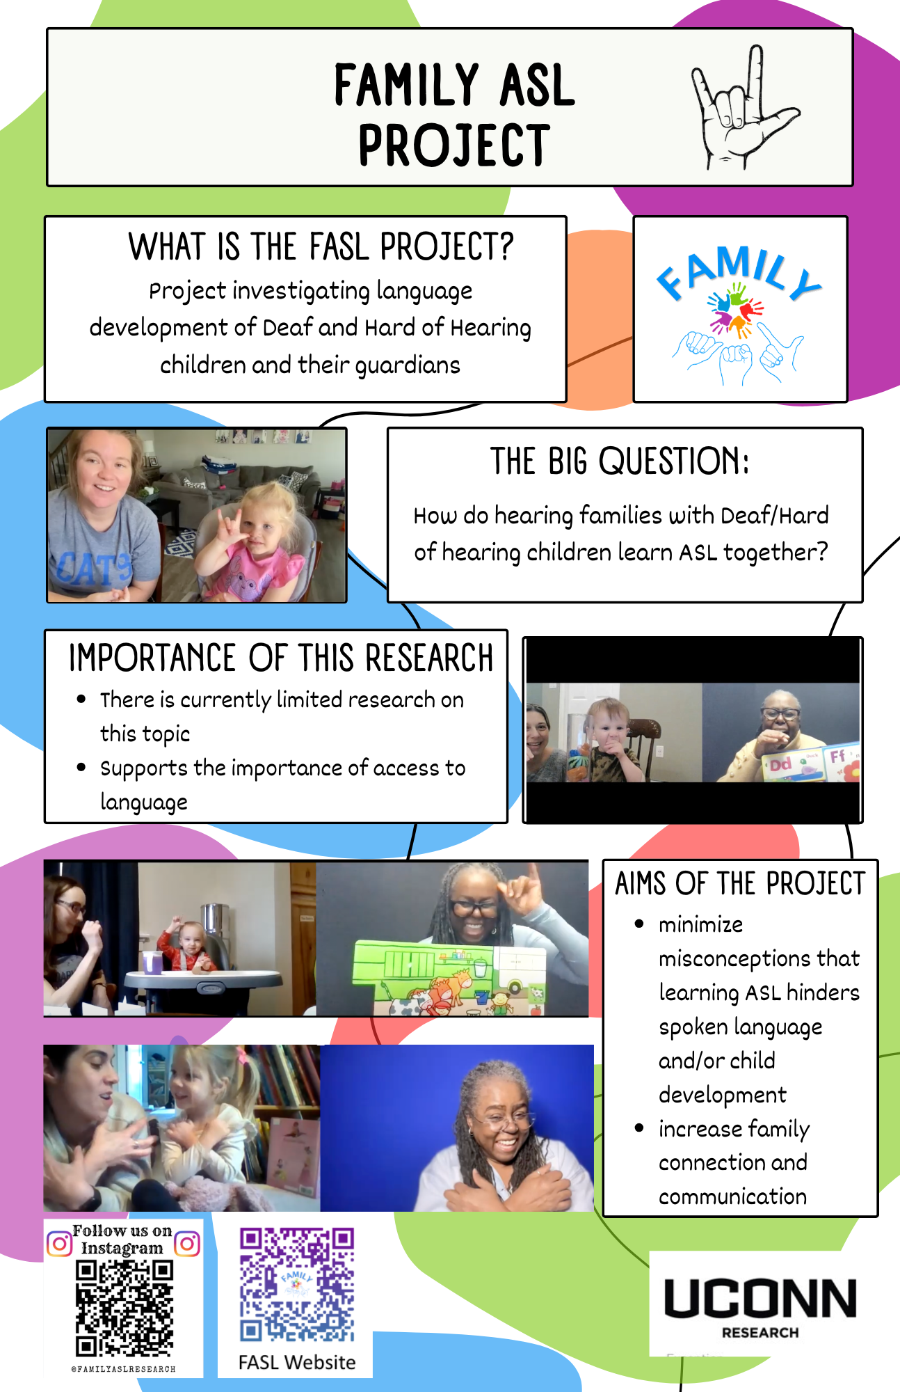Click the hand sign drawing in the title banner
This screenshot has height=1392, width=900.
pos(743,107)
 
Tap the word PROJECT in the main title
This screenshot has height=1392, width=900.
pos(454,145)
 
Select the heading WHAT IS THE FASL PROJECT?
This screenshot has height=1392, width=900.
pos(321,247)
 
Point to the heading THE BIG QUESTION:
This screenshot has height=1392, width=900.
pos(620,461)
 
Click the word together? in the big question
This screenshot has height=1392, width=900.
pos(776,553)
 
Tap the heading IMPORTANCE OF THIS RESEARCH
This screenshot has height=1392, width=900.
pos(281,658)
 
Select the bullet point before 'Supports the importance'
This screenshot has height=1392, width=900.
pos(81,768)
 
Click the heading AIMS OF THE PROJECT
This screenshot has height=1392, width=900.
pos(740,884)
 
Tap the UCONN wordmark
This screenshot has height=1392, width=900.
pos(760,1299)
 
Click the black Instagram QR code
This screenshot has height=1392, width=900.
pos(124,1308)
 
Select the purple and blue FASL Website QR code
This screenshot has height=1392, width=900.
pos(297,1285)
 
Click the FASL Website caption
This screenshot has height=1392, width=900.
pos(297,1362)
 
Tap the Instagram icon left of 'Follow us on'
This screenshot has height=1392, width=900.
pos(59,1243)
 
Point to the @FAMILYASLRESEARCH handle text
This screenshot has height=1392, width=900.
pos(123,1369)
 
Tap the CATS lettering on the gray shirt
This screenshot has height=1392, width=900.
pos(93,569)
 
